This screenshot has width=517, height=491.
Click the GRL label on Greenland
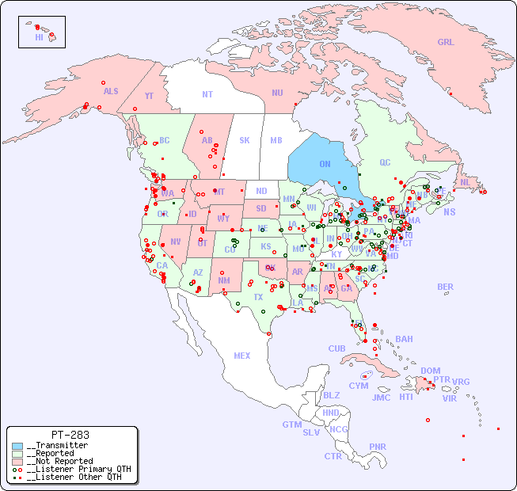point(446,42)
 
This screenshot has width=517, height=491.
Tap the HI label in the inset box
point(39,36)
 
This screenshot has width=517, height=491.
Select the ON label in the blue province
point(325,164)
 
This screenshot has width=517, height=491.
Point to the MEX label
point(242,356)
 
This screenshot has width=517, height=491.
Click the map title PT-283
point(70,435)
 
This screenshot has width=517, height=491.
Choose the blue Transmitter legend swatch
point(17,446)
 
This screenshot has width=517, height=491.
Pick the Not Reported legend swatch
point(17,461)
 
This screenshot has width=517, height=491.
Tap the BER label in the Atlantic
point(446,287)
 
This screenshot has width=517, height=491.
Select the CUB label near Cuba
point(337,348)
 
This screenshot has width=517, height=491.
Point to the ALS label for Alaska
point(111,91)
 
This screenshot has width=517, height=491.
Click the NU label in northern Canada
point(277,93)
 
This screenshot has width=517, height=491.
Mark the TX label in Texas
point(258,297)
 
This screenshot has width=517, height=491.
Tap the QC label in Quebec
point(385,162)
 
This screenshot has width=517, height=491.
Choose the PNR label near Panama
point(378,447)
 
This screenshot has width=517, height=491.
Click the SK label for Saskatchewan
point(245,140)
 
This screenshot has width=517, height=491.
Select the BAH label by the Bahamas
point(404,339)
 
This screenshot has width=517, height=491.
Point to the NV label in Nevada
point(175,241)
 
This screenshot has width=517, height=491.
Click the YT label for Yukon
point(149,96)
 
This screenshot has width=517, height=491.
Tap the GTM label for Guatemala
point(292,424)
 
